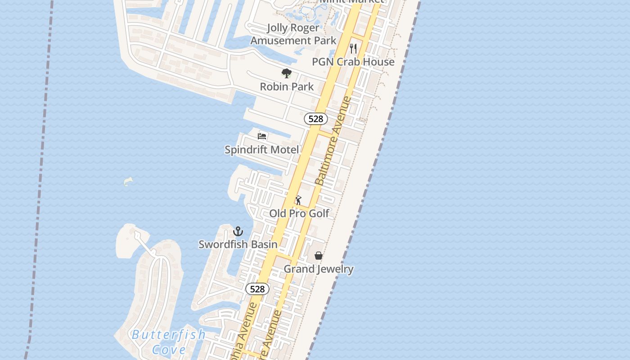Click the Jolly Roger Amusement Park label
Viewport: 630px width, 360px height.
pyautogui.click(x=293, y=34)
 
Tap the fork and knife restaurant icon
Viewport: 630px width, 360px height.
pyautogui.click(x=353, y=48)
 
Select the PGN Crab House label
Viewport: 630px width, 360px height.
pyautogui.click(x=353, y=62)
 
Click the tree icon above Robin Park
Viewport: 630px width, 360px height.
pyautogui.click(x=286, y=73)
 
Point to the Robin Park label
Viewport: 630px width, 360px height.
pyautogui.click(x=287, y=86)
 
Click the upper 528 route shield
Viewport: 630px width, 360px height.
pyautogui.click(x=316, y=119)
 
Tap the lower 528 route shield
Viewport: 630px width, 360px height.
pyautogui.click(x=257, y=289)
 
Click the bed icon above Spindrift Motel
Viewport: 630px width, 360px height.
pyautogui.click(x=262, y=136)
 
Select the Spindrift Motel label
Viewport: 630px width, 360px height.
pyautogui.click(x=261, y=150)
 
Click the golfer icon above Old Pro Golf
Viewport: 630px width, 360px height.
pyautogui.click(x=298, y=200)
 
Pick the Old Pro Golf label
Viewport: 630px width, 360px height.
pyautogui.click(x=299, y=213)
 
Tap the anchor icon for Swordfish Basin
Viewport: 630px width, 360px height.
pyautogui.click(x=238, y=231)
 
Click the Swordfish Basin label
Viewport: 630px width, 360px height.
pyautogui.click(x=238, y=244)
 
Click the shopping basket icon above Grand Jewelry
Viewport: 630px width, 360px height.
pyautogui.click(x=319, y=256)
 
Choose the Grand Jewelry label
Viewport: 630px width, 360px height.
pyautogui.click(x=319, y=269)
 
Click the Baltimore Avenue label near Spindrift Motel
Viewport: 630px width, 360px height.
pyautogui.click(x=333, y=140)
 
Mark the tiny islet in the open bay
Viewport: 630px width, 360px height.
pyautogui.click(x=128, y=181)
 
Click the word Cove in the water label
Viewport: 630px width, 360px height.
pyautogui.click(x=169, y=350)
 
